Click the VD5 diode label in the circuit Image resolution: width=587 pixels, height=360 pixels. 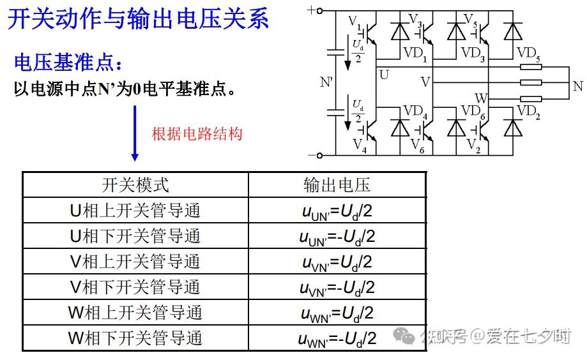(528, 54)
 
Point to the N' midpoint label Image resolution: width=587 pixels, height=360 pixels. (327, 83)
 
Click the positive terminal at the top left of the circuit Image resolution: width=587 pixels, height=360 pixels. (319, 10)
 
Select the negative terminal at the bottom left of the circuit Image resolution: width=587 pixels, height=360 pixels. (319, 155)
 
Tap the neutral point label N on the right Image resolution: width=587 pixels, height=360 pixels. (577, 86)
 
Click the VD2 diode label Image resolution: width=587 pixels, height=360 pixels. (528, 112)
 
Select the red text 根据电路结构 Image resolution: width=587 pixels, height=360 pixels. (197, 134)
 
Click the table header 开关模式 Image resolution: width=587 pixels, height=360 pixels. (135, 185)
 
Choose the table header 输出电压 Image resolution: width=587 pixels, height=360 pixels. (337, 185)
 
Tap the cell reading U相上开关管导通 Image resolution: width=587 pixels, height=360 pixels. (135, 211)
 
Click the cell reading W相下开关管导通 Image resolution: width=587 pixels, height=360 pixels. (135, 338)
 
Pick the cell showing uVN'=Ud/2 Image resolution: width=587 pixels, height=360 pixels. (337, 262)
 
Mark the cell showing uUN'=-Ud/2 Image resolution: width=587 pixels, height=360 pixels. (337, 237)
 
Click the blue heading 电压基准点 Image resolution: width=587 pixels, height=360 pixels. (67, 63)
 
